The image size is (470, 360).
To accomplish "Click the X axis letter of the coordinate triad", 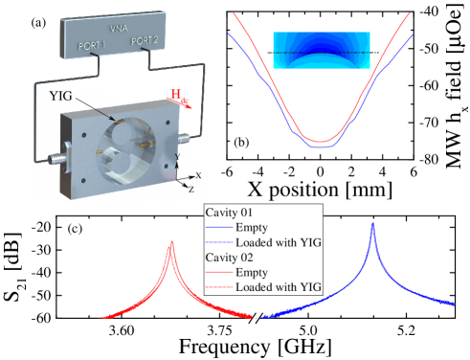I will tap(198, 175).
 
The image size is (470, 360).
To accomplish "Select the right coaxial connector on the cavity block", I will tap(182, 140).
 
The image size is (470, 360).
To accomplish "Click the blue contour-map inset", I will tap(320, 50).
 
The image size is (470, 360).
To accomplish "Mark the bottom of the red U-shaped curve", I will tap(322, 142).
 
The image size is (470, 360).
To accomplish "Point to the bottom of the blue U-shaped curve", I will tap(321, 148).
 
